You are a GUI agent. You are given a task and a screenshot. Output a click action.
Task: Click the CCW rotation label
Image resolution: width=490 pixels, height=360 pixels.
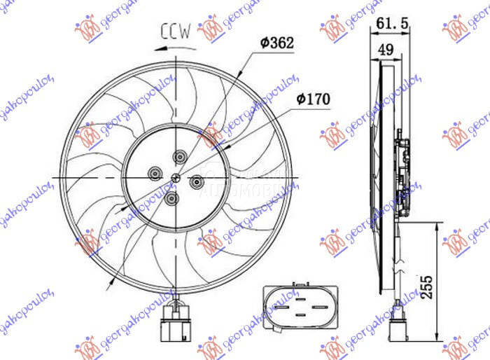175,32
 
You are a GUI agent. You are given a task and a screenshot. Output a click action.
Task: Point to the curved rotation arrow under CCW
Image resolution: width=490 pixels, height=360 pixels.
173,48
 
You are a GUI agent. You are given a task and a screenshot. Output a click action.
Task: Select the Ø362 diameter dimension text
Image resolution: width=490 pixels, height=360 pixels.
276,43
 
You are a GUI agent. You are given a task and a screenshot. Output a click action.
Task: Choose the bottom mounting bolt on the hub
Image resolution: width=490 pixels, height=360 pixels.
171,199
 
